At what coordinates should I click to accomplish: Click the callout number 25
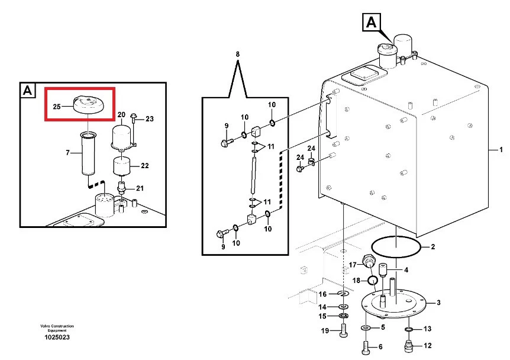click(56, 107)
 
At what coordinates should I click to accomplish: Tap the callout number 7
click(67, 153)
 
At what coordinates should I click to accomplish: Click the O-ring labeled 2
click(397, 248)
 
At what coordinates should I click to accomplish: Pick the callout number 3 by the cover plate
click(438, 303)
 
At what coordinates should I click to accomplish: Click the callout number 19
click(325, 330)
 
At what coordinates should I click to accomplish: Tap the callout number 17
click(351, 265)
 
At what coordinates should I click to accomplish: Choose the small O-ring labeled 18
click(373, 279)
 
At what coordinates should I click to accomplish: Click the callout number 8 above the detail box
click(238, 54)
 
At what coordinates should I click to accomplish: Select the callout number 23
click(149, 119)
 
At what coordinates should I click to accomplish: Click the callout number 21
click(140, 189)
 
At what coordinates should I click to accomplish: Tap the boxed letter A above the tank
click(371, 22)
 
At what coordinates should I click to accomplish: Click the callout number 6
click(380, 346)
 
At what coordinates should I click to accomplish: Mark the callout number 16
click(323, 294)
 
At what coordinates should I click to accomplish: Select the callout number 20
click(122, 114)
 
